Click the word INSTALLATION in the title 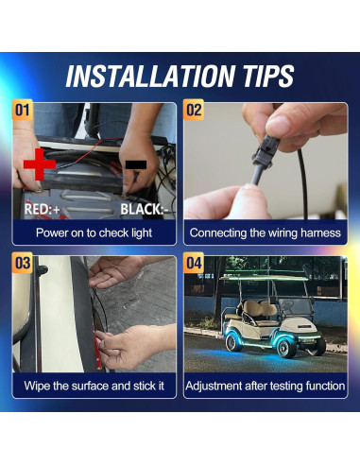click(x=150, y=76)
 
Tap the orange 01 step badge click(x=22, y=110)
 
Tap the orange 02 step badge click(x=194, y=110)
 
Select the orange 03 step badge click(x=22, y=263)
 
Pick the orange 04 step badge click(x=194, y=263)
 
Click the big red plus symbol click(x=40, y=164)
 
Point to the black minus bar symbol click(x=136, y=164)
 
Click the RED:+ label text click(x=43, y=209)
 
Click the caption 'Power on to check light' click(x=94, y=233)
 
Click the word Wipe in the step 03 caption click(x=37, y=386)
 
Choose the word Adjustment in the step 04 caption click(x=214, y=386)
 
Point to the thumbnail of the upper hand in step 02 click(x=280, y=125)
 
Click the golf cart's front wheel click(x=286, y=345)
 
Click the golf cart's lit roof click(x=264, y=278)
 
